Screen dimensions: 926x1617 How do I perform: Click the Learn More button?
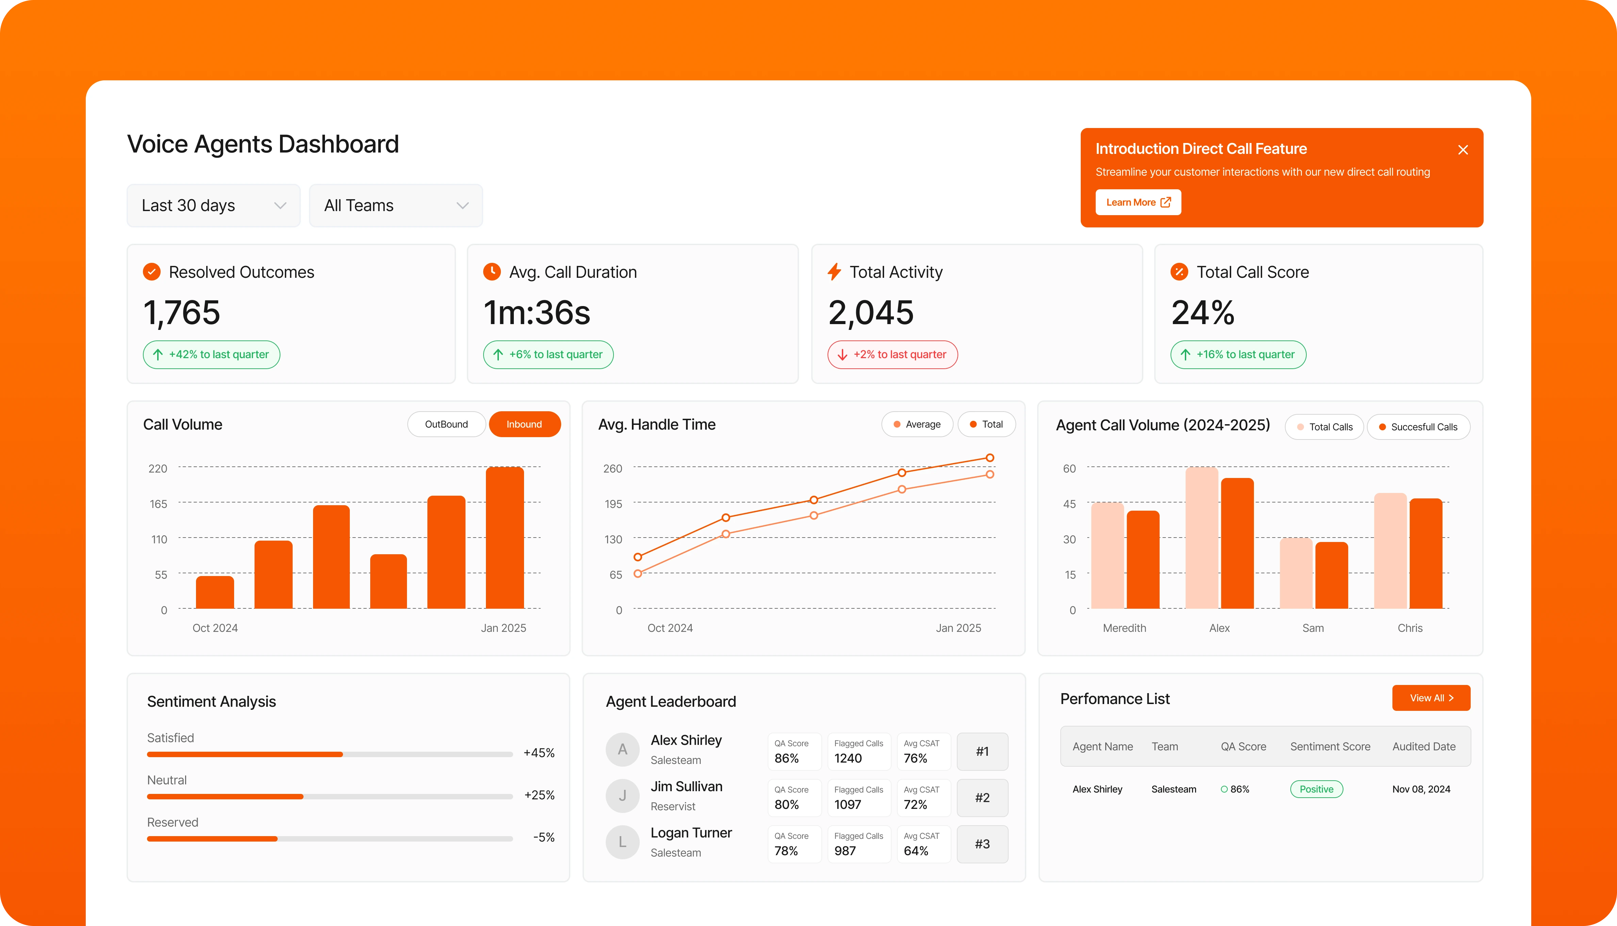point(1138,202)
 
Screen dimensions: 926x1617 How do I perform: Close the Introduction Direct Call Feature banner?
point(1463,150)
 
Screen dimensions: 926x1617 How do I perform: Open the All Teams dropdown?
point(395,205)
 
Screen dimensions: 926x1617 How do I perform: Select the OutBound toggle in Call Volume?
point(446,424)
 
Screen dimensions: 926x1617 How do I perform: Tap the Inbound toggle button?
point(524,424)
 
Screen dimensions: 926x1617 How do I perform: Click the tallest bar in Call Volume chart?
point(505,538)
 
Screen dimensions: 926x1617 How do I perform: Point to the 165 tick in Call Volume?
point(158,504)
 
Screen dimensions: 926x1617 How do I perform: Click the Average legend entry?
point(917,424)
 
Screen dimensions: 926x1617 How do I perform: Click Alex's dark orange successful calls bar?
point(1237,544)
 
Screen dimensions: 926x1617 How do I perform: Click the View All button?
point(1431,698)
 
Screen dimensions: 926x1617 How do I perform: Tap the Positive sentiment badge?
point(1316,789)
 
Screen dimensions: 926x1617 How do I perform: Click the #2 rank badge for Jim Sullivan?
point(982,798)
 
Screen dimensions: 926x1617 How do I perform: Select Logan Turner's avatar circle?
point(622,842)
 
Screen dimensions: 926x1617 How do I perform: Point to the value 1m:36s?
point(537,313)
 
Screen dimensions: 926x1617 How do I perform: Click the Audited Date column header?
point(1424,747)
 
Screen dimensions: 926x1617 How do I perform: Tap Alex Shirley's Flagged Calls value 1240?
point(848,758)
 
